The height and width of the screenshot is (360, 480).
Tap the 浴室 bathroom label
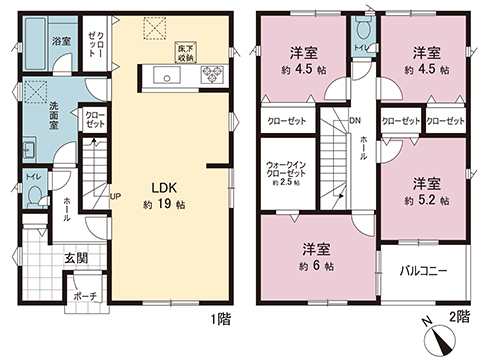tap(59, 42)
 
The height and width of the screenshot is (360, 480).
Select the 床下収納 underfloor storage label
tap(185, 53)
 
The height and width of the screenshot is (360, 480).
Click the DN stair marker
tap(355, 122)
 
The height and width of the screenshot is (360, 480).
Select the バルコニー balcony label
tap(423, 271)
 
